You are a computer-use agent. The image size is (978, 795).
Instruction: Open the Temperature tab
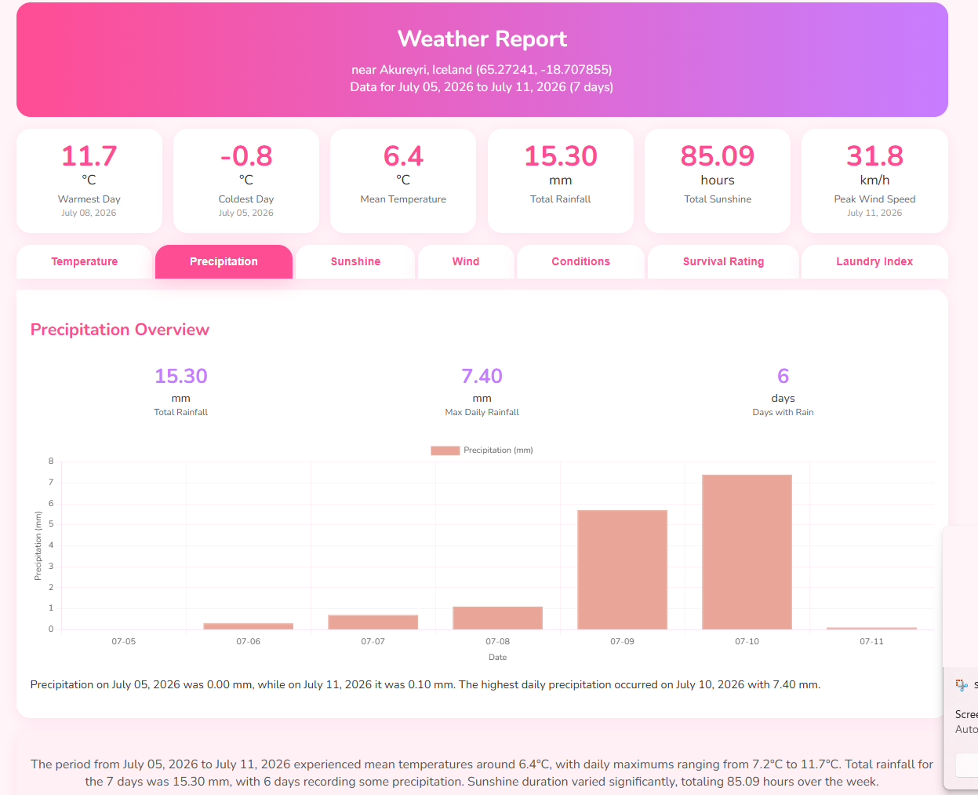(x=85, y=261)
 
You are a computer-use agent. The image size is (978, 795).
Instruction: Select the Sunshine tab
(x=355, y=261)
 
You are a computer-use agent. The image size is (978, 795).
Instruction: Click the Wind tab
(x=466, y=261)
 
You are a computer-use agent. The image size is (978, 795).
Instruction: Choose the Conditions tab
(x=581, y=261)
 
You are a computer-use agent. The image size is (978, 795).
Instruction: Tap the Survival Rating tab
(x=723, y=261)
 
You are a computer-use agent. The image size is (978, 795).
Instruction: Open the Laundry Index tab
(x=874, y=261)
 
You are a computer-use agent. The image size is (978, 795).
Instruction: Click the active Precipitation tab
(x=224, y=261)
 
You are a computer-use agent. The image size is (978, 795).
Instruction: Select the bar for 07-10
(x=747, y=552)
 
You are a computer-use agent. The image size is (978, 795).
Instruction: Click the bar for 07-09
(x=622, y=570)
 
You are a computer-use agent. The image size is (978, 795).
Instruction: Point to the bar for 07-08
(x=498, y=618)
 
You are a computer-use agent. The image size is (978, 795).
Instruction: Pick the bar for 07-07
(x=373, y=622)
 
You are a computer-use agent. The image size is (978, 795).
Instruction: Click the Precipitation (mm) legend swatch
(x=445, y=450)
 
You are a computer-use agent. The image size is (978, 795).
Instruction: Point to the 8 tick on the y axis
(x=51, y=461)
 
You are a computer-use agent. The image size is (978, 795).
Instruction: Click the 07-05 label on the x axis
(x=123, y=641)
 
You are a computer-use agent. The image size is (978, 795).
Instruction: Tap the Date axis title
(x=498, y=657)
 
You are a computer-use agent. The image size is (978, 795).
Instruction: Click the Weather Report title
(x=482, y=38)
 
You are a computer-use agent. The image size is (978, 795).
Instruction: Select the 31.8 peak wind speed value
(x=874, y=156)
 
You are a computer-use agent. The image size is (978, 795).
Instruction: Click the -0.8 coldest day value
(x=246, y=156)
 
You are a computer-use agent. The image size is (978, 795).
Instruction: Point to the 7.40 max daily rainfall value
(x=482, y=376)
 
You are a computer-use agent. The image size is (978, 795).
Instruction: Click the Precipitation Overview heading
(x=120, y=330)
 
